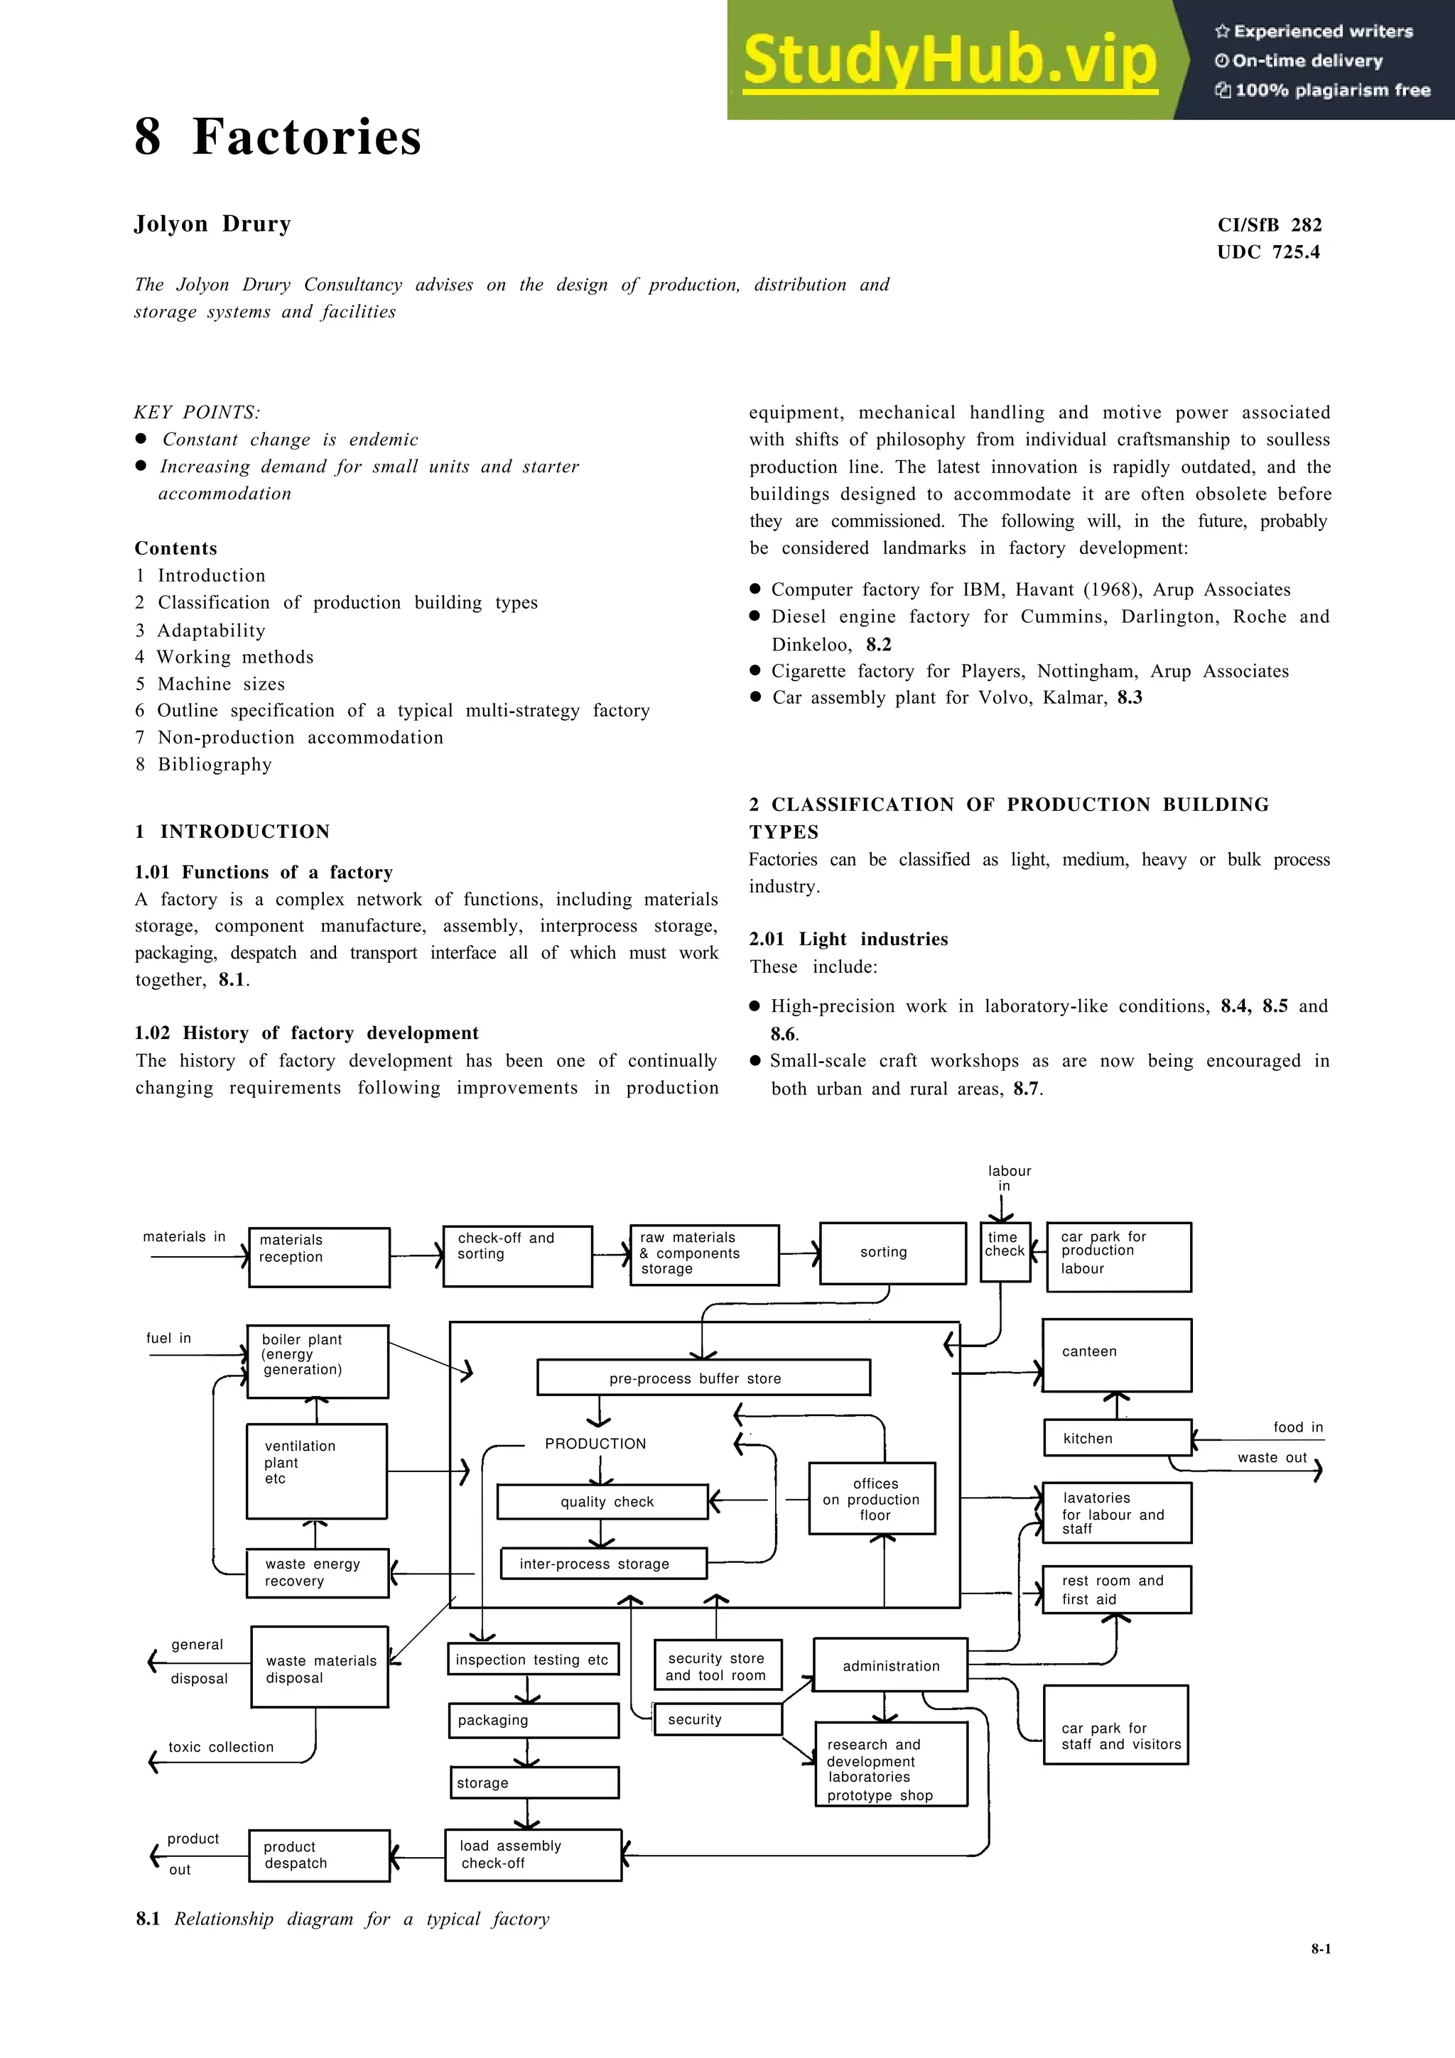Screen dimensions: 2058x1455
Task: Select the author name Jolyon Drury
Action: (212, 224)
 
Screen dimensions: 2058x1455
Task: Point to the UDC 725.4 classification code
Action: (1267, 252)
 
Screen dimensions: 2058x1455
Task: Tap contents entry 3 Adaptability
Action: (201, 630)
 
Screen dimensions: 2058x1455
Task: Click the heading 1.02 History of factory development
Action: (307, 1033)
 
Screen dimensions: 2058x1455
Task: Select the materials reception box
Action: (319, 1257)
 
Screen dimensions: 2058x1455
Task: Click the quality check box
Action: (602, 1501)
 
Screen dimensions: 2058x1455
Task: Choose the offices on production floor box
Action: (872, 1498)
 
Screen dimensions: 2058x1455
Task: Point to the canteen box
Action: (1116, 1354)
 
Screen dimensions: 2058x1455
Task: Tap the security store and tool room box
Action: (716, 1666)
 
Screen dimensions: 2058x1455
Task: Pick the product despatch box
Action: (319, 1854)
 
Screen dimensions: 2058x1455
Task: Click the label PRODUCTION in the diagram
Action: (595, 1443)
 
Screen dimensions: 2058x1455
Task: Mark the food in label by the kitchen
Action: (1297, 1427)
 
